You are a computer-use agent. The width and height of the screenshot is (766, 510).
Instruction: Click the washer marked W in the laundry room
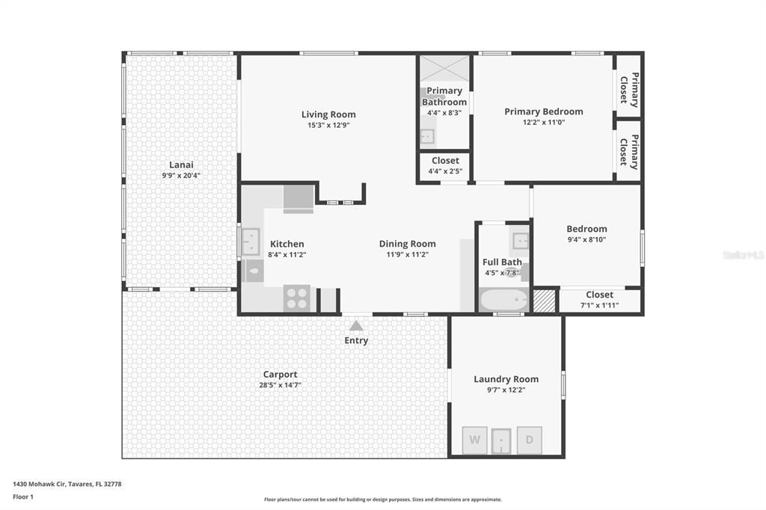(x=475, y=440)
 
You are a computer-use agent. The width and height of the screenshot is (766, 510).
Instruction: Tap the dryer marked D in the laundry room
(x=530, y=440)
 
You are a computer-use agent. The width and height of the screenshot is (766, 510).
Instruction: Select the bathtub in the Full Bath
(x=503, y=299)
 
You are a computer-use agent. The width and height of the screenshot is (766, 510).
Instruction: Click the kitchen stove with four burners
(x=296, y=298)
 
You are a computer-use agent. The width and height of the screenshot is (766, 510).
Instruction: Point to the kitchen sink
(x=251, y=242)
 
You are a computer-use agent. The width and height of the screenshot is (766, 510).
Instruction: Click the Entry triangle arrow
(x=356, y=325)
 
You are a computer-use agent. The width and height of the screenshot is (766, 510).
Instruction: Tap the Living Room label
(x=328, y=114)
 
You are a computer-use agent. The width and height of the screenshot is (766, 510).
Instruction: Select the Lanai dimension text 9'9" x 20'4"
(x=181, y=176)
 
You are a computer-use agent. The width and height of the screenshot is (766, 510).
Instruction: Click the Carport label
(x=280, y=374)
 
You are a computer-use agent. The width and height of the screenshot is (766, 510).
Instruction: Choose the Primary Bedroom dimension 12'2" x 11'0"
(x=544, y=122)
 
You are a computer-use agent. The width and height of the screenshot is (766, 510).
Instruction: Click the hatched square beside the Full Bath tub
(x=544, y=301)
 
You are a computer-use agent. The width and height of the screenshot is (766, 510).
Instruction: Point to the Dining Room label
(x=408, y=244)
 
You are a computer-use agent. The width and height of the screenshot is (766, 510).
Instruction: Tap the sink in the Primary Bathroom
(x=428, y=136)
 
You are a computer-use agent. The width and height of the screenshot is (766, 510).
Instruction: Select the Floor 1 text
(x=23, y=497)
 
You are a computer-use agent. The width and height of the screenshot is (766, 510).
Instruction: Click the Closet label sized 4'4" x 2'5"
(x=445, y=160)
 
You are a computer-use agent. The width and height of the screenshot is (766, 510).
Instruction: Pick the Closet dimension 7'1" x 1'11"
(x=599, y=305)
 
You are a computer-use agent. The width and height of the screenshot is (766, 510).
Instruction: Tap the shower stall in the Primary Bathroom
(x=444, y=69)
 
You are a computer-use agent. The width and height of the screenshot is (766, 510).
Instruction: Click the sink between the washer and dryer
(x=501, y=441)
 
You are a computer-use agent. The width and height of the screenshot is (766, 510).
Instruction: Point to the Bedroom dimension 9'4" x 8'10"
(x=586, y=239)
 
